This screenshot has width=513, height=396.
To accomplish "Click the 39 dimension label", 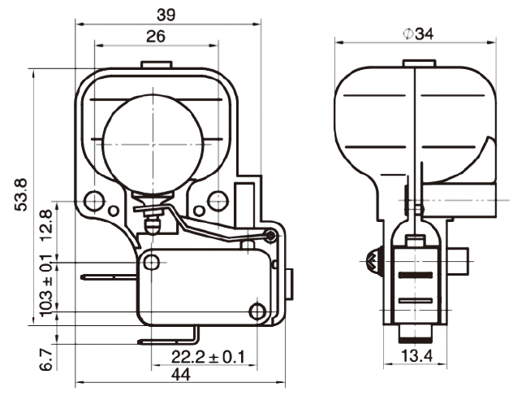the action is pyautogui.click(x=166, y=15).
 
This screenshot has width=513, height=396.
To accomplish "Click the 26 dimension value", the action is pyautogui.click(x=155, y=37).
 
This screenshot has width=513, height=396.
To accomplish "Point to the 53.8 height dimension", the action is pyautogui.click(x=21, y=194).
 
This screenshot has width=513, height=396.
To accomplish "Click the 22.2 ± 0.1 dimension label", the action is pyautogui.click(x=208, y=357).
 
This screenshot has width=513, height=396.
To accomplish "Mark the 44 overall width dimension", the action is pyautogui.click(x=180, y=374).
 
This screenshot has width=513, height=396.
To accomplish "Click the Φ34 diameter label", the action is pyautogui.click(x=418, y=34).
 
